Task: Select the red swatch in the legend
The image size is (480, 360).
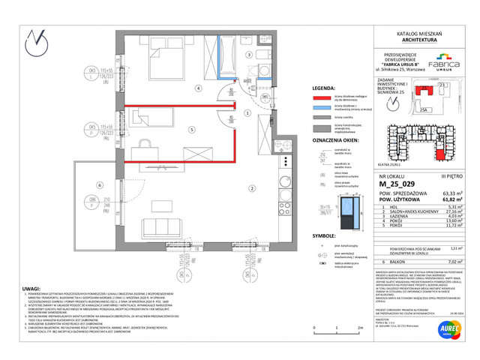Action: point(322,97)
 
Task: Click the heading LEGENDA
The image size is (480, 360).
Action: point(325,87)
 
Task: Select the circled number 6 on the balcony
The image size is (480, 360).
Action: point(88,184)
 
